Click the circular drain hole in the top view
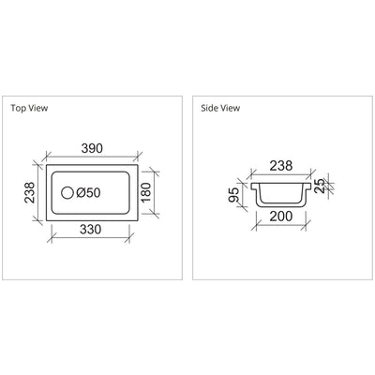tap(66, 193)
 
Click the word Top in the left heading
tap(18, 108)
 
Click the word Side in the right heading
tap(210, 108)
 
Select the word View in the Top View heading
tap(37, 108)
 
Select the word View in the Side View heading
tap(231, 108)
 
